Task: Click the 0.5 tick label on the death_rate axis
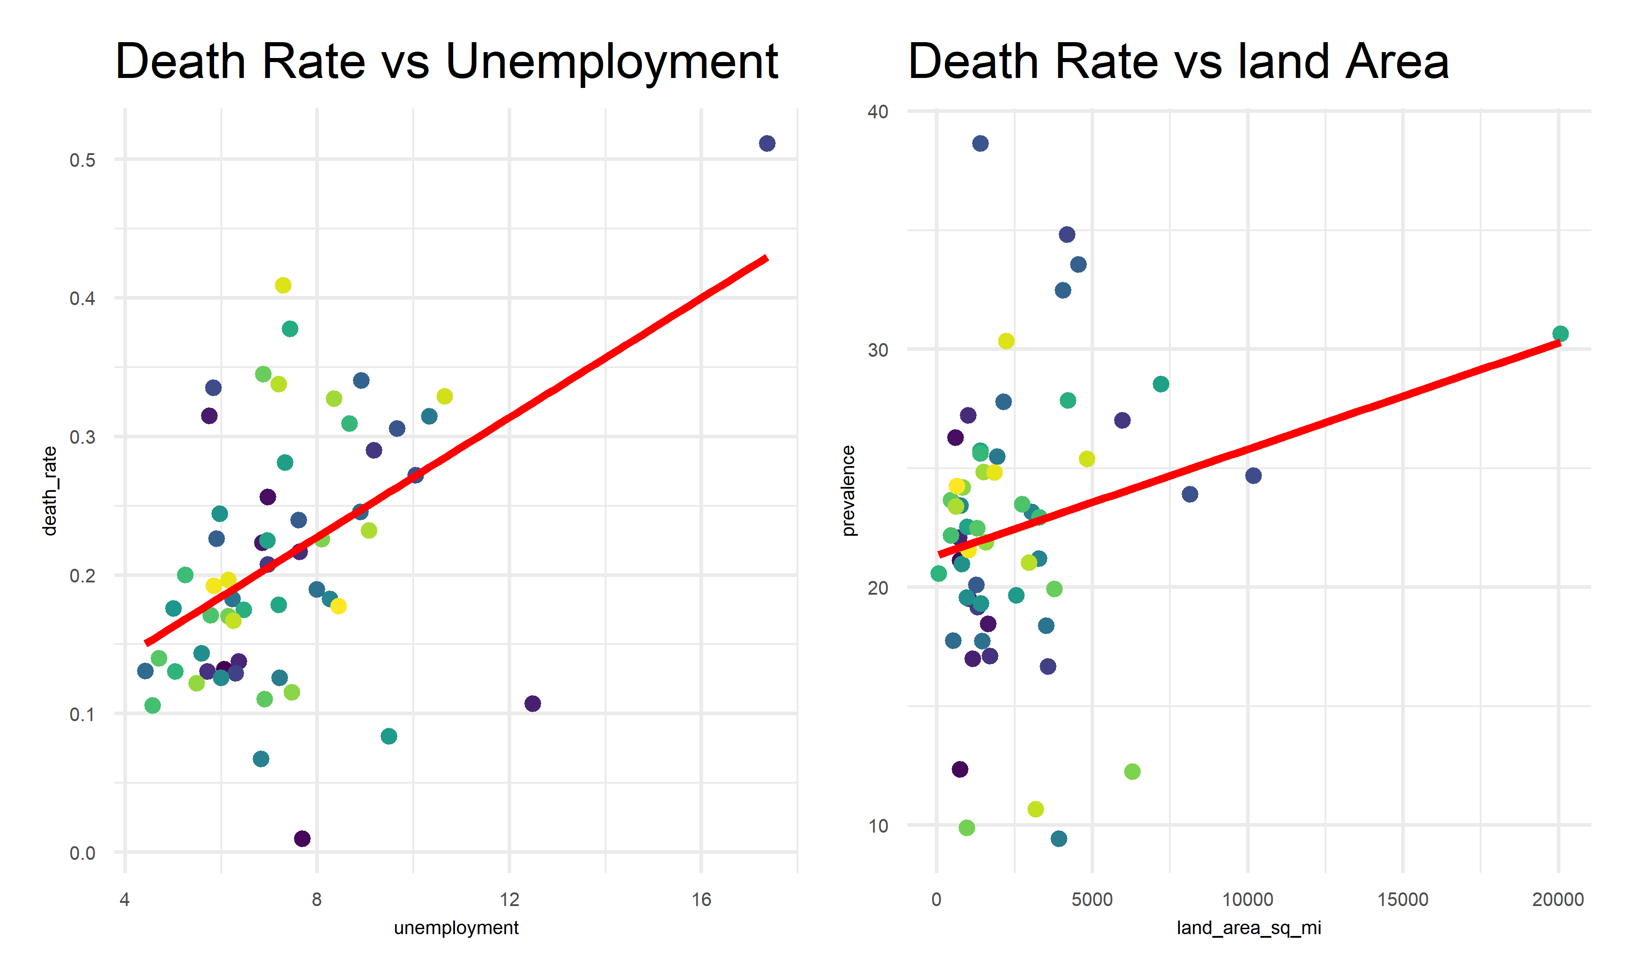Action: [83, 160]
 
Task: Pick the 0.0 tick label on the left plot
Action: [83, 853]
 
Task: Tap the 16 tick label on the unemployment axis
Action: [701, 899]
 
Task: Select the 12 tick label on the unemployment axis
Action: [509, 899]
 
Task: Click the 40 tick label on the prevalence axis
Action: [878, 111]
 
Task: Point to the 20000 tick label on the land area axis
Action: [1558, 899]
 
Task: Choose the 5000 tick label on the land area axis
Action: [1092, 899]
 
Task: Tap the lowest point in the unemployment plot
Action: [302, 838]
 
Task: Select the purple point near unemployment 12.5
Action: [533, 703]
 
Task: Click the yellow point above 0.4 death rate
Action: [283, 285]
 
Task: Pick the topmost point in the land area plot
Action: [980, 143]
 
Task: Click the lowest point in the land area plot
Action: [1059, 838]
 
